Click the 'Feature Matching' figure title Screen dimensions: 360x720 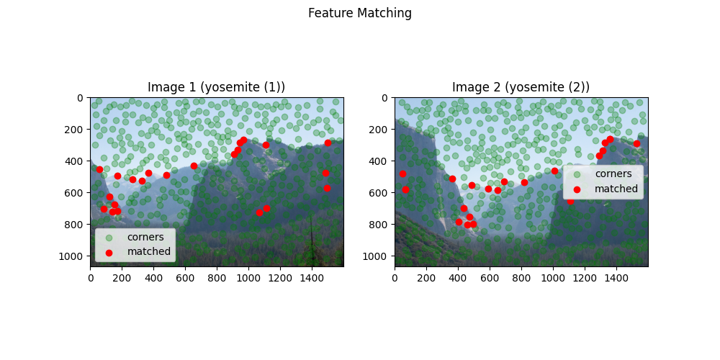pyautogui.click(x=360, y=13)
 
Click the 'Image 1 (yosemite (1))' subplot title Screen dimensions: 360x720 pyautogui.click(x=216, y=87)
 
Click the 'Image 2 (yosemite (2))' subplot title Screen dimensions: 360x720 pyautogui.click(x=521, y=87)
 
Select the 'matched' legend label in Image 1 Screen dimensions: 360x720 pyautogui.click(x=149, y=251)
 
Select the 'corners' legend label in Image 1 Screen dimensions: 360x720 pyautogui.click(x=145, y=236)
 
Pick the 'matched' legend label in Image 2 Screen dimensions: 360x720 pyautogui.click(x=616, y=189)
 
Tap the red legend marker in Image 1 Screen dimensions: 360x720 pyautogui.click(x=109, y=252)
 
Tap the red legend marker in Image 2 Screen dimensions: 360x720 pyautogui.click(x=577, y=189)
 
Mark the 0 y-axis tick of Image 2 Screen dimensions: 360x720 pyautogui.click(x=389, y=97)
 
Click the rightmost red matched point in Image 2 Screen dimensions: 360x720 pyautogui.click(x=636, y=143)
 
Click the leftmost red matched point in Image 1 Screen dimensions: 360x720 pyautogui.click(x=99, y=169)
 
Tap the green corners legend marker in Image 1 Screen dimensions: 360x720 pyautogui.click(x=109, y=237)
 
